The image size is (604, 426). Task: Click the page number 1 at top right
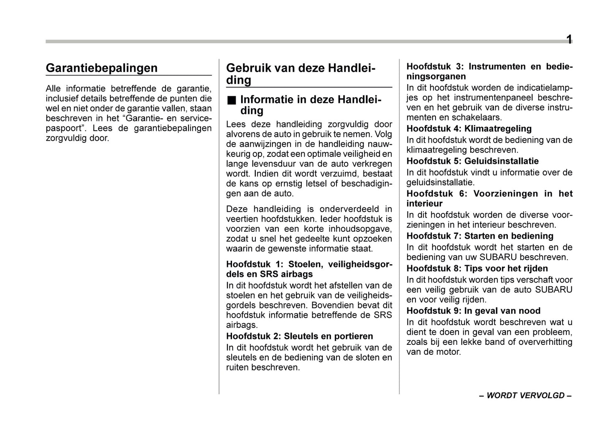(x=569, y=40)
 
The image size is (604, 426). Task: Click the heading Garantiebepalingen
(x=102, y=68)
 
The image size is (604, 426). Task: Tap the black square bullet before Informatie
(x=232, y=100)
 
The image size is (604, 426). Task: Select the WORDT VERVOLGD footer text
(x=525, y=395)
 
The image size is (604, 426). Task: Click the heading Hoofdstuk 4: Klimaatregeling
(x=469, y=128)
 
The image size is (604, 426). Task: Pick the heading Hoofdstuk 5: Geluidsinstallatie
(x=472, y=161)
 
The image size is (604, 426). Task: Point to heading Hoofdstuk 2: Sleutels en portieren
(x=299, y=336)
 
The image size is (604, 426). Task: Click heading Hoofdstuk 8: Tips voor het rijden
(x=477, y=268)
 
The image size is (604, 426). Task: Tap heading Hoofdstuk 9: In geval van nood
(x=473, y=311)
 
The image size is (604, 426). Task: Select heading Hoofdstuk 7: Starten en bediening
(x=480, y=236)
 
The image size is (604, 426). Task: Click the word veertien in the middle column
(x=242, y=219)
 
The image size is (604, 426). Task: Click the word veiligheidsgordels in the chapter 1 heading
(x=360, y=264)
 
